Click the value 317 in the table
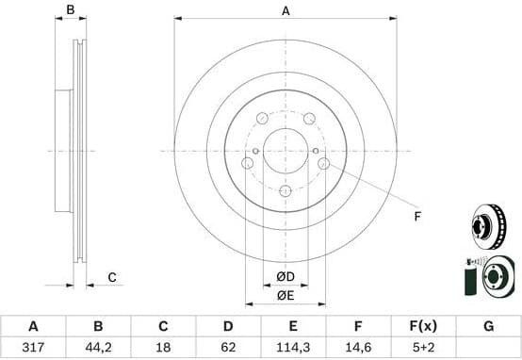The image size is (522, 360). pos(33,348)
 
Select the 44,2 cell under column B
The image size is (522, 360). pos(98,348)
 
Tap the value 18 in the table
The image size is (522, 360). pos(163,348)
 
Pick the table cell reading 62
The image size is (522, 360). pos(228,348)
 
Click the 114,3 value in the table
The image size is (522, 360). pos(293,348)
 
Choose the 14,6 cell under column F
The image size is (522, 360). pos(358,348)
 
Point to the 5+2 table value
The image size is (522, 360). pos(423,348)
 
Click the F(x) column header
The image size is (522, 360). pos(423,326)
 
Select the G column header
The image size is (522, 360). pos(488,326)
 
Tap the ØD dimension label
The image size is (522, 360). pos(285,276)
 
